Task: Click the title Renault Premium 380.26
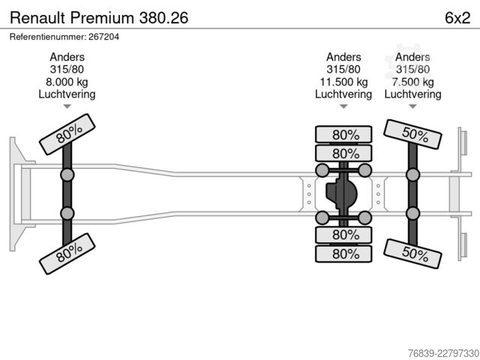click(x=99, y=18)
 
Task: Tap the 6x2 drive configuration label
click(x=457, y=18)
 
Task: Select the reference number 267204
click(x=103, y=37)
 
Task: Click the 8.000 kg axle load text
click(x=67, y=82)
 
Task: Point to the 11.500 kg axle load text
click(x=343, y=82)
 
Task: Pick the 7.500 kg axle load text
click(x=413, y=82)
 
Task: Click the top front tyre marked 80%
click(x=67, y=134)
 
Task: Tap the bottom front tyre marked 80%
click(x=67, y=253)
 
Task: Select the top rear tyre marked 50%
click(x=412, y=134)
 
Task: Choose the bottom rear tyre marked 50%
click(x=412, y=253)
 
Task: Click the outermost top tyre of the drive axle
click(x=343, y=134)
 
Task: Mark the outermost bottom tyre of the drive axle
click(x=343, y=253)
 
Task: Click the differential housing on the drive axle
click(x=341, y=193)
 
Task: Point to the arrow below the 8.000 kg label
click(x=67, y=106)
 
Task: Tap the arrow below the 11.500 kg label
click(x=343, y=106)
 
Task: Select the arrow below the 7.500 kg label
click(x=413, y=106)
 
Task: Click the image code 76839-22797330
click(x=443, y=353)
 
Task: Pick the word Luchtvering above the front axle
click(x=67, y=94)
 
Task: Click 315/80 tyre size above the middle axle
click(x=343, y=70)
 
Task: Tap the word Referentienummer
click(x=47, y=37)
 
